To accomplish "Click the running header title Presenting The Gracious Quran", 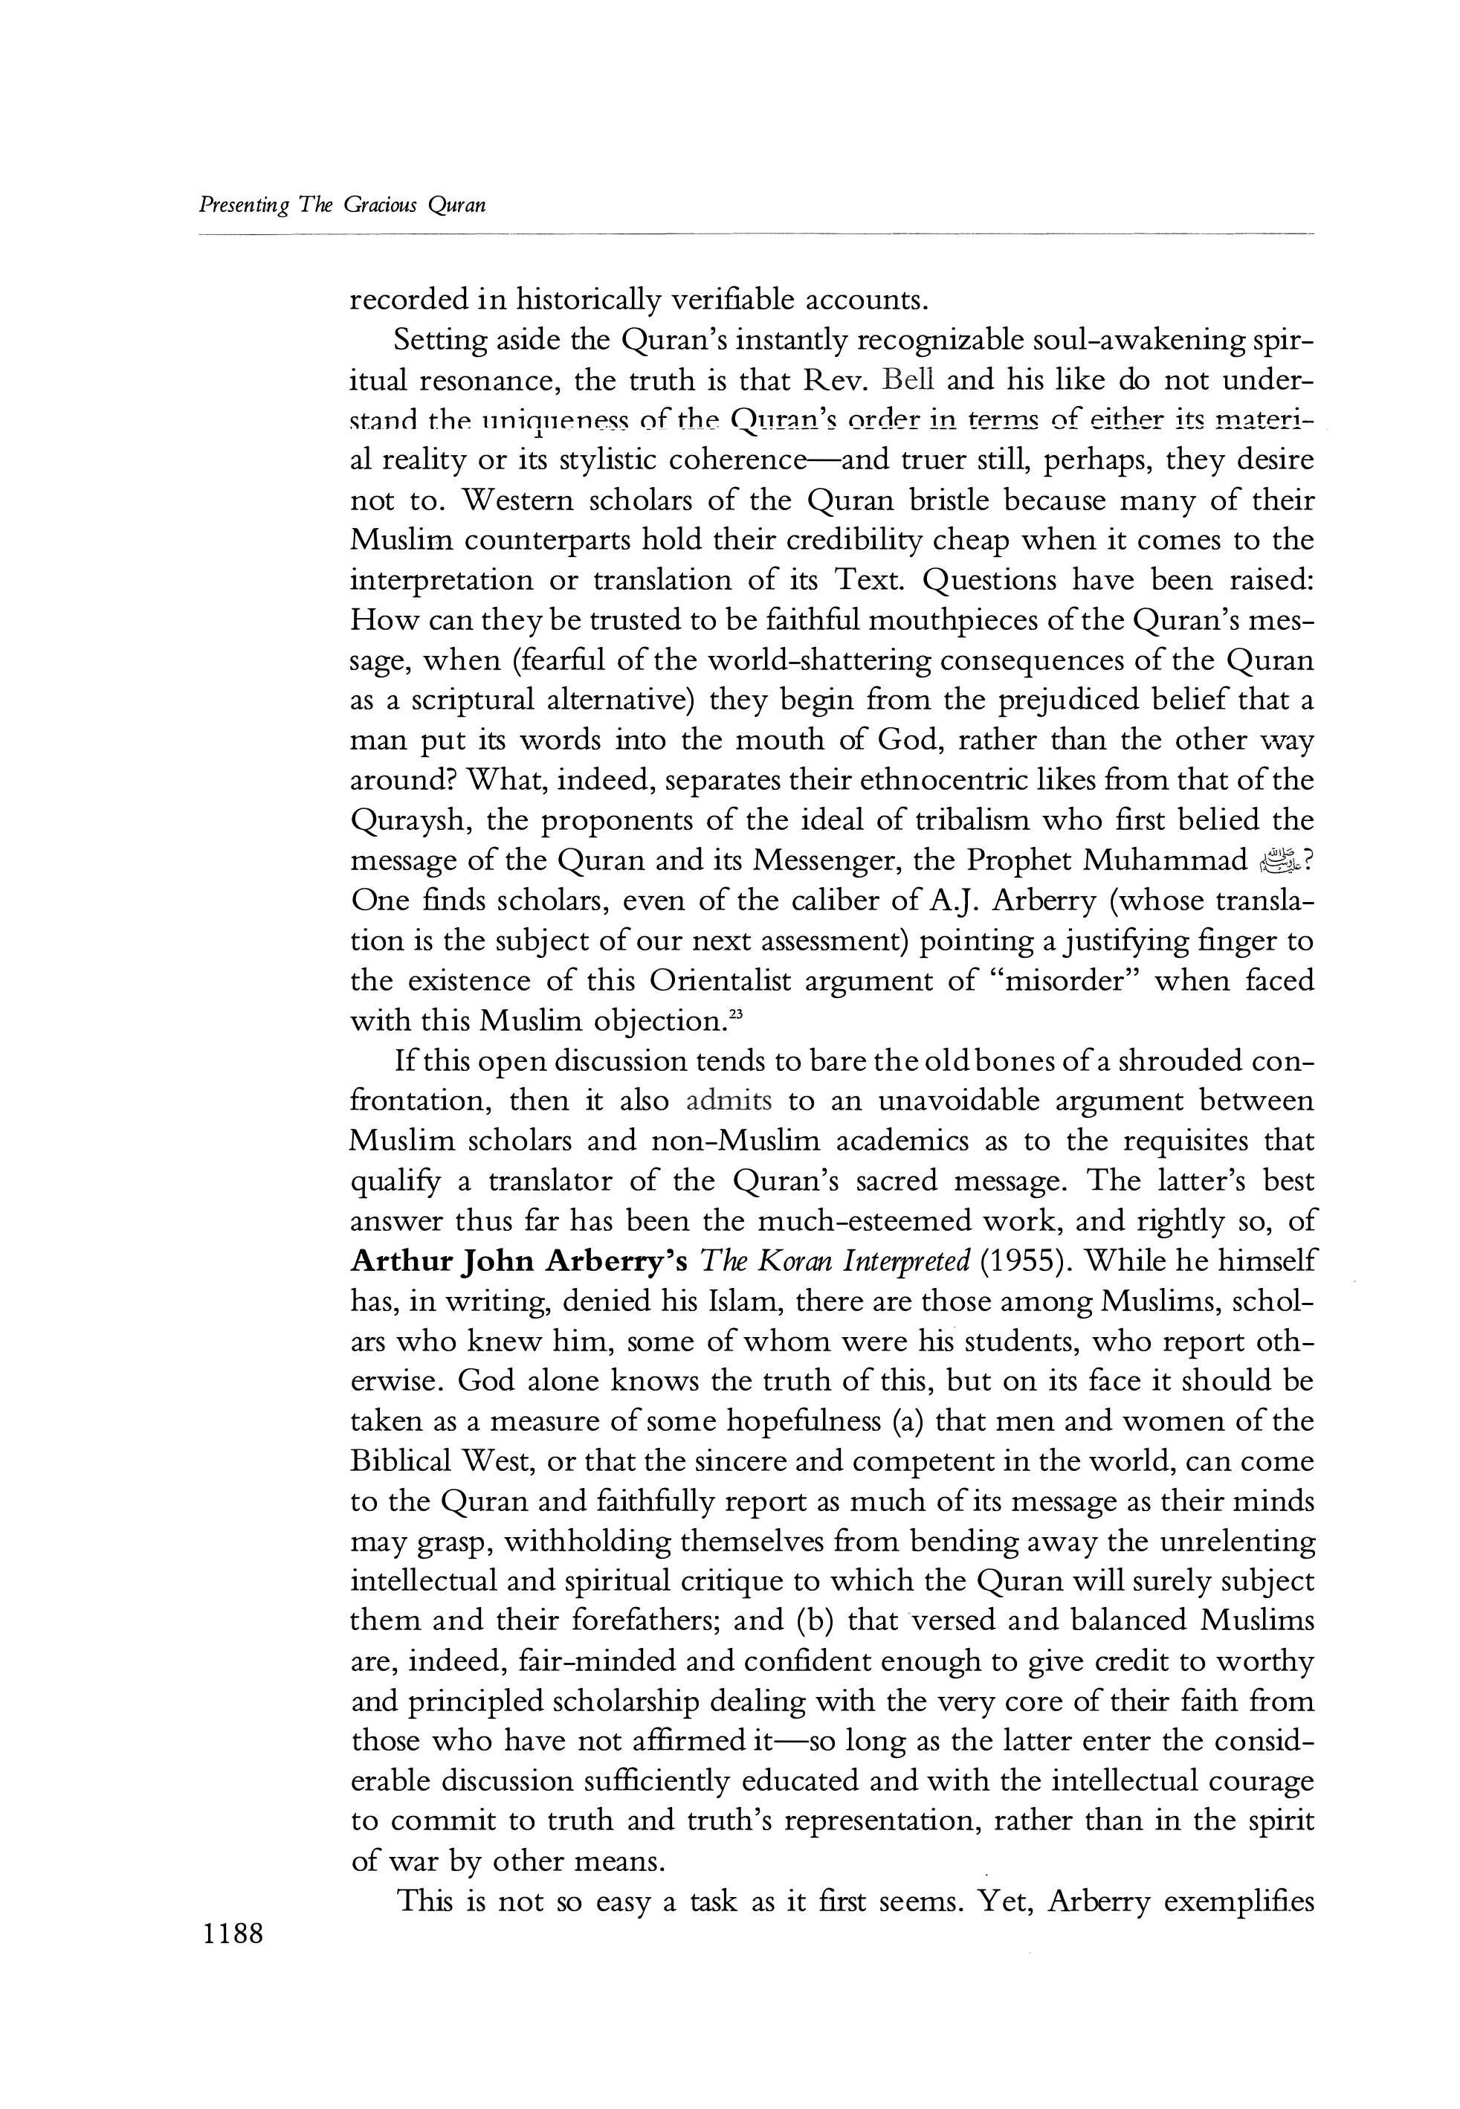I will [342, 205].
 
